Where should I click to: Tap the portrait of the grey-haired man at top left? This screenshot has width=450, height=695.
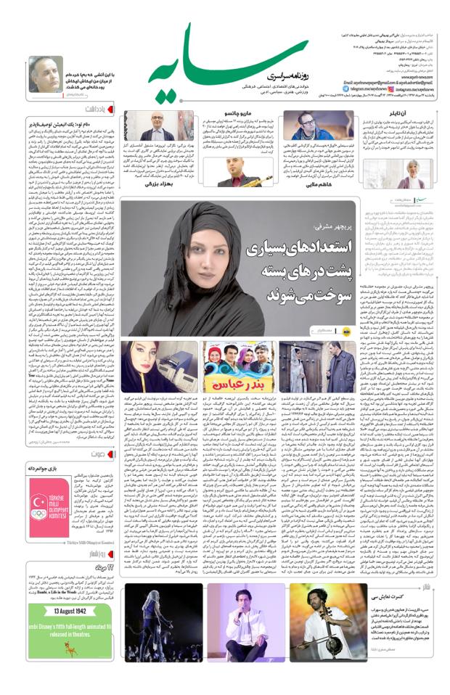44,76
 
